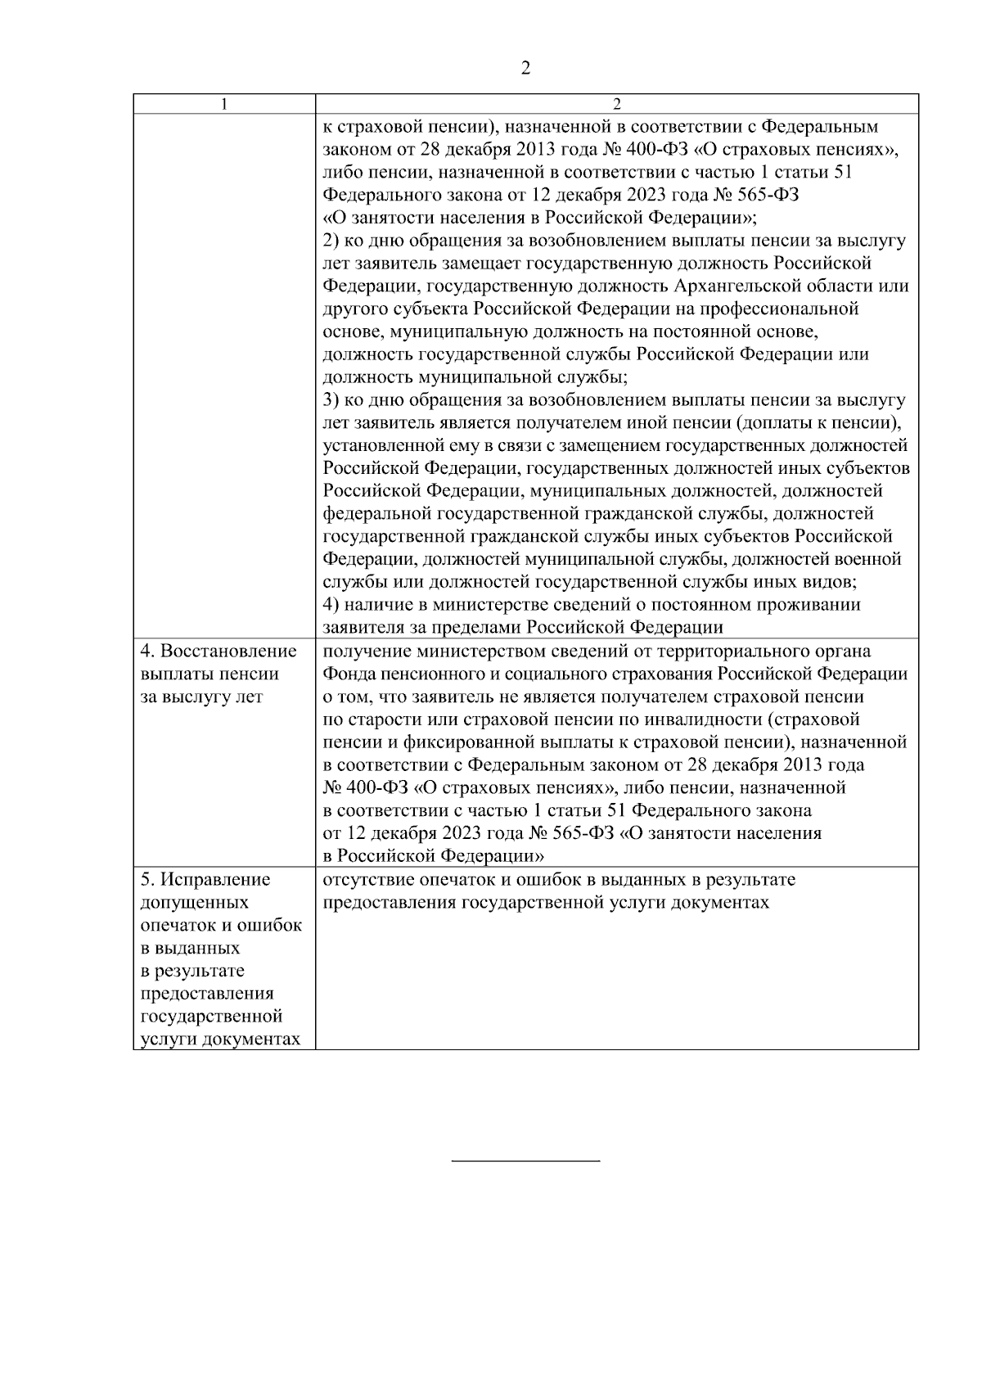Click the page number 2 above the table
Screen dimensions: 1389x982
(525, 69)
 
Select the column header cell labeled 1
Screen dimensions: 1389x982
(224, 104)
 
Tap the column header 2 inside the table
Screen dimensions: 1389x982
(617, 104)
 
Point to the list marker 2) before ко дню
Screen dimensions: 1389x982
(331, 241)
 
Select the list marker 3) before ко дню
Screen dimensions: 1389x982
(331, 400)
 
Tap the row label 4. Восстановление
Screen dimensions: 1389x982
(218, 652)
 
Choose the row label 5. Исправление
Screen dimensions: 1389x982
(205, 880)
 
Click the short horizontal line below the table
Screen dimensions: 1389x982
(526, 1161)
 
